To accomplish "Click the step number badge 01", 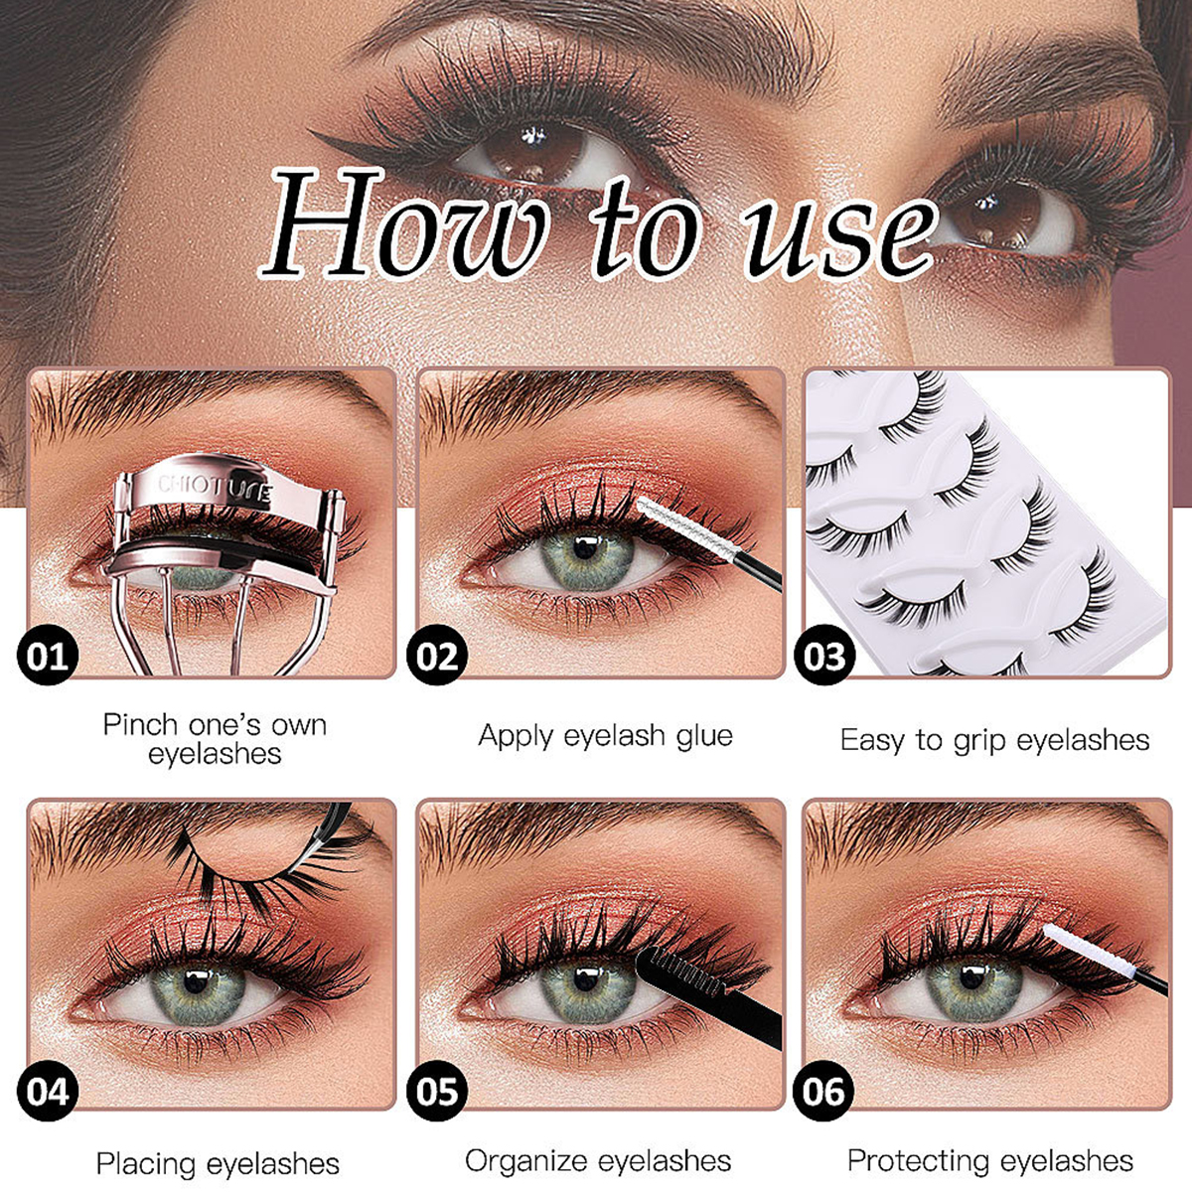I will tap(47, 657).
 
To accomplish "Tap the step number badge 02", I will tap(436, 657).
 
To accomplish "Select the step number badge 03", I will tap(824, 657).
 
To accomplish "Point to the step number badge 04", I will tap(47, 1092).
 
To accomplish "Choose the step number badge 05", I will tap(436, 1092).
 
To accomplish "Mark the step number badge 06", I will tap(824, 1092).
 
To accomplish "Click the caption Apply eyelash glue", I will tap(605, 736).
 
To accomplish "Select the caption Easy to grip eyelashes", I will tap(994, 740).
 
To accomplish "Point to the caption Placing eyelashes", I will tap(218, 1163).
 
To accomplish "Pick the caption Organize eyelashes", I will tap(598, 1160).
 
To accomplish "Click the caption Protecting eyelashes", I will tap(989, 1160).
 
